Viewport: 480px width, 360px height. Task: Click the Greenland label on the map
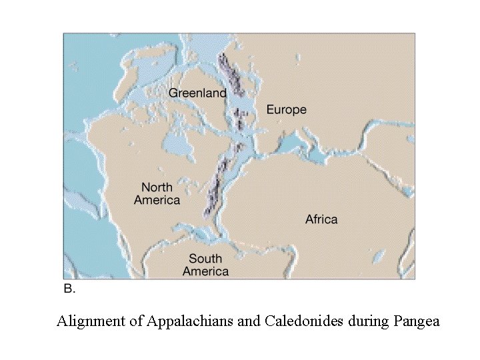197,93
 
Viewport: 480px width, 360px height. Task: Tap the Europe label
286,109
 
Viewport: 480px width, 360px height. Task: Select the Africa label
321,219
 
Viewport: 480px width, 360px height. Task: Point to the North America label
157,194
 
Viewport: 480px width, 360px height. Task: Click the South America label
205,265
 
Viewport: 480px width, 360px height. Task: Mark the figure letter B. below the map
69,289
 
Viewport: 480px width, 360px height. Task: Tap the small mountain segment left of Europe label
240,120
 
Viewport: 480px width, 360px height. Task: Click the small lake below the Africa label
379,256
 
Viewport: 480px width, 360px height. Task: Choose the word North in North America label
157,188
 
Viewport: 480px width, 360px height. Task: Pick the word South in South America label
205,259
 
